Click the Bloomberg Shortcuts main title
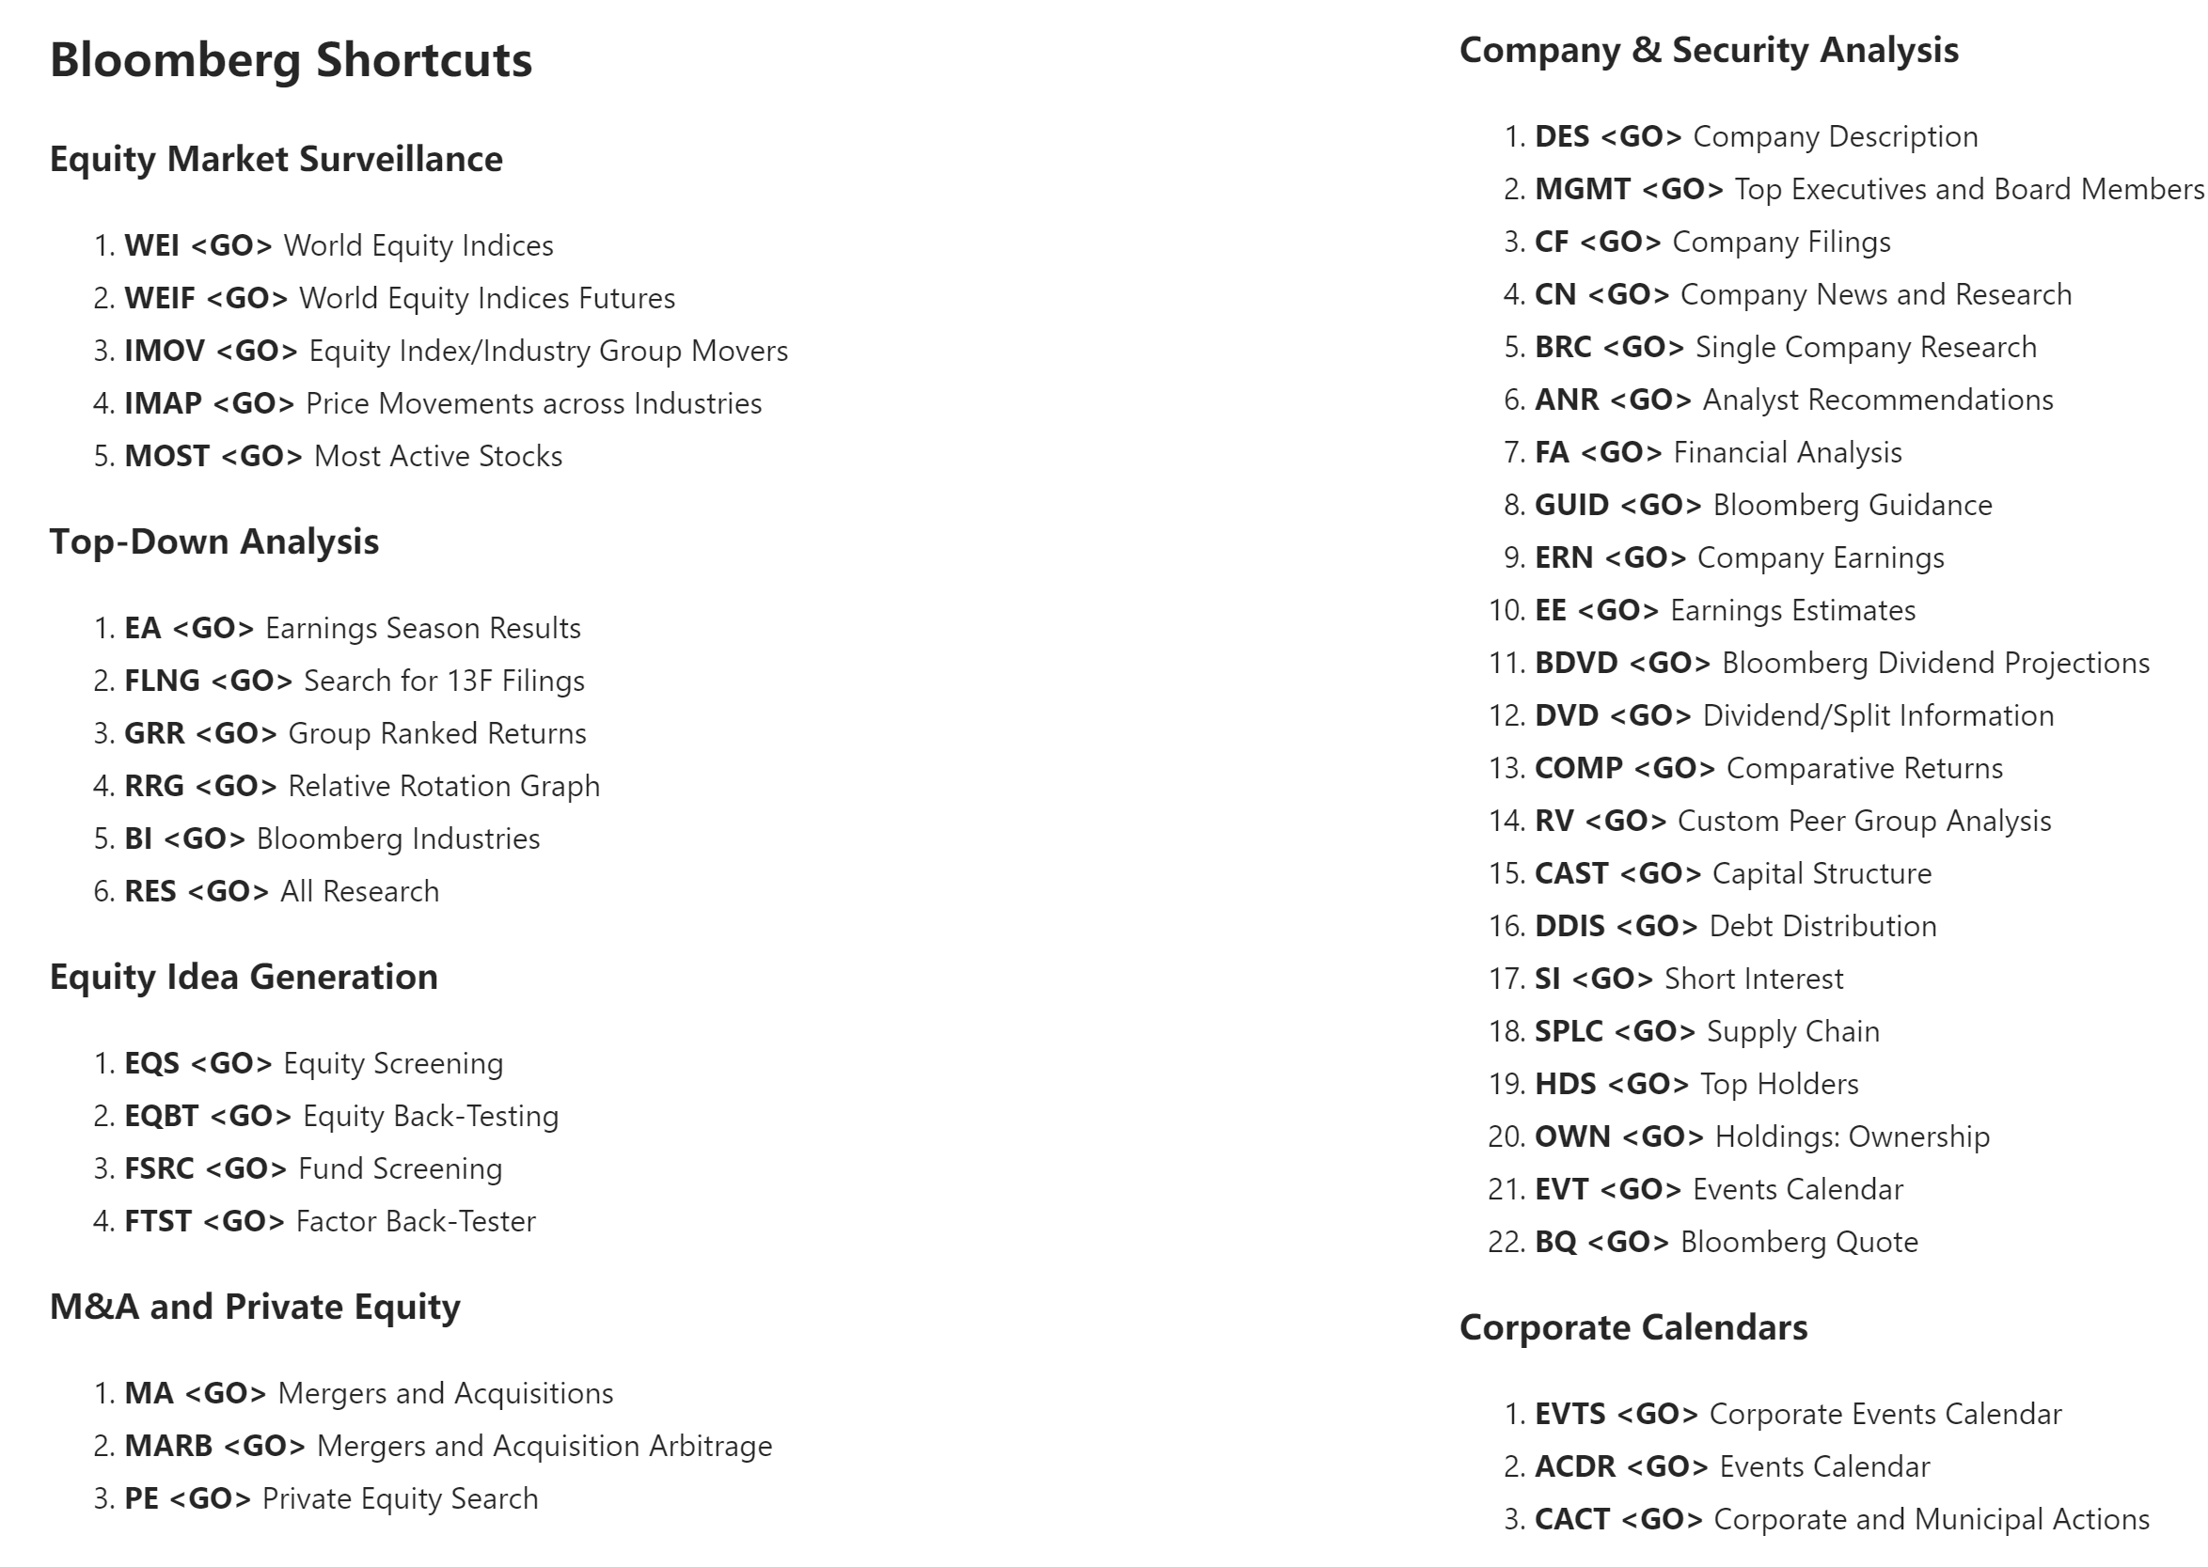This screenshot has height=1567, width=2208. pos(291,60)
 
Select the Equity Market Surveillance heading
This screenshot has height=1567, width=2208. pos(276,159)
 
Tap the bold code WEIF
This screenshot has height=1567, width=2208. pos(159,298)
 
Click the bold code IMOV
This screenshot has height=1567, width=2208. pos(164,352)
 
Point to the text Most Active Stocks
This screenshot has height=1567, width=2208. pos(438,457)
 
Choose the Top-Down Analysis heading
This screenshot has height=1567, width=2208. pos(214,542)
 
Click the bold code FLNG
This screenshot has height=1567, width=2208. pos(162,682)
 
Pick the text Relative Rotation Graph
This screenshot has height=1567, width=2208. pos(444,787)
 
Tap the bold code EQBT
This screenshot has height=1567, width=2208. pos(161,1117)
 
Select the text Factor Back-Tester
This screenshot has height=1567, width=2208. pos(416,1222)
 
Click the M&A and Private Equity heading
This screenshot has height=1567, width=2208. pos(255,1307)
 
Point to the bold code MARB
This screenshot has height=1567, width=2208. pos(168,1447)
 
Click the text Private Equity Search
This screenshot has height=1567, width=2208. pos(401,1498)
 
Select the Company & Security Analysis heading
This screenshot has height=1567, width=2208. pos(1708,50)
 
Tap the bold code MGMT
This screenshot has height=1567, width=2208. pos(1583,189)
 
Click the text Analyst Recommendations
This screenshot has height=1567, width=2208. pos(1878,400)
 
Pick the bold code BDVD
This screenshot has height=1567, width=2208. pos(1576,663)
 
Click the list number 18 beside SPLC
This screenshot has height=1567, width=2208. pos(1505,1031)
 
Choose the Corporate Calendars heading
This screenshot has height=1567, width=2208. pos(1632,1327)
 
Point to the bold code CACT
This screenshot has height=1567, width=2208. pos(1572,1520)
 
